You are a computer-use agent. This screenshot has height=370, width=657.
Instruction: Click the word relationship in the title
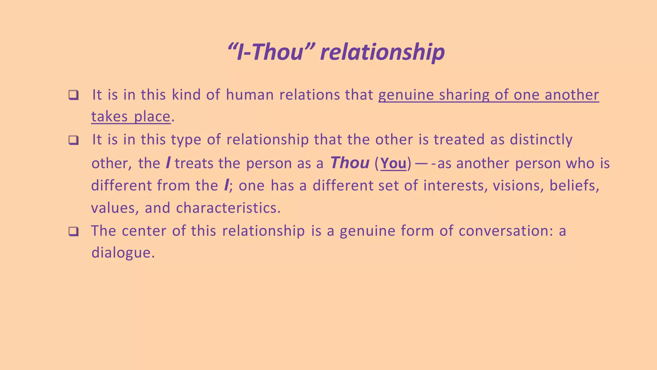382,52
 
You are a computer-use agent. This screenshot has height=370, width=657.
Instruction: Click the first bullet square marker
73,95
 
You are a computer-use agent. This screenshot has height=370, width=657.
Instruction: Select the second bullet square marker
73,140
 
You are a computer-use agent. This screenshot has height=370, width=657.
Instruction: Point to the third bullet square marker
73,231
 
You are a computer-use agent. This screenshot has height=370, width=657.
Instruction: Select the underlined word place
152,117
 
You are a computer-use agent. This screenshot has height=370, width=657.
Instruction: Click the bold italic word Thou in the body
350,163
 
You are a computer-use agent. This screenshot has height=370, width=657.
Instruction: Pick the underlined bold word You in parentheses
393,163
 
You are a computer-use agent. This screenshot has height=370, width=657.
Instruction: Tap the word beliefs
574,186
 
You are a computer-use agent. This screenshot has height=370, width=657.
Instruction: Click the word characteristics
228,208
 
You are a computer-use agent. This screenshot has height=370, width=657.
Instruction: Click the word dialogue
123,253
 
